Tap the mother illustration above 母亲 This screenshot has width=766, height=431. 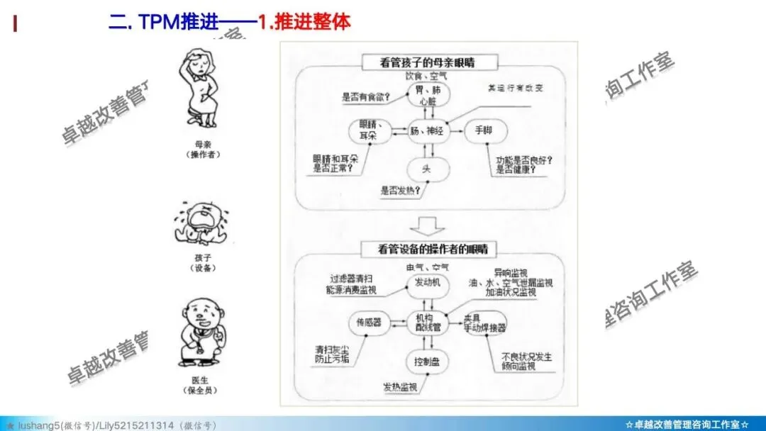(x=201, y=91)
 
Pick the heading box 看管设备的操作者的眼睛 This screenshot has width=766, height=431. (x=428, y=249)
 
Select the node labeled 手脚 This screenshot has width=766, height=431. (x=483, y=130)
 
